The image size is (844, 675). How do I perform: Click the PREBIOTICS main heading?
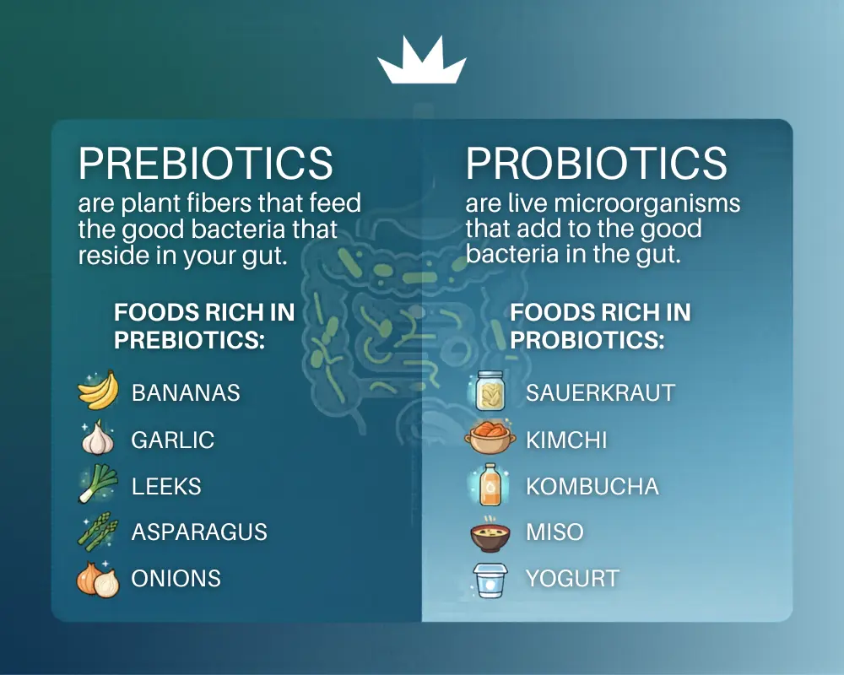206,163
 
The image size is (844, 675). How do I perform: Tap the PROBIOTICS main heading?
597,163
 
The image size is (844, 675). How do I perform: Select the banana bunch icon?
98,391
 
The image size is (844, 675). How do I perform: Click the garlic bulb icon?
98,438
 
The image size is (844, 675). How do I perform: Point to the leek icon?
98,484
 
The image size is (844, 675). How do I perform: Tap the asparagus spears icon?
98,532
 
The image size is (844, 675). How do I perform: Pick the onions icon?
98,579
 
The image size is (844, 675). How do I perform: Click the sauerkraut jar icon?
490,391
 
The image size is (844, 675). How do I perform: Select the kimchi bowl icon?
490,438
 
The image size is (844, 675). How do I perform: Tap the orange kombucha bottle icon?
490,484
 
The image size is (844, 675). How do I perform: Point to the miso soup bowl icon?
490,533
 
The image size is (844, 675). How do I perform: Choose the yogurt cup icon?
490,580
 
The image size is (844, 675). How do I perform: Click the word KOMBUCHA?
592,487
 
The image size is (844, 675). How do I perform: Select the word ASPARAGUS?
199,532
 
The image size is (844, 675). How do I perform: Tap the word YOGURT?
572,579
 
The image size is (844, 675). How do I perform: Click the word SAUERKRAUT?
600,393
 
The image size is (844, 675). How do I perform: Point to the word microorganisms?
647,203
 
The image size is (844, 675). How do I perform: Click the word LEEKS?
166,487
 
